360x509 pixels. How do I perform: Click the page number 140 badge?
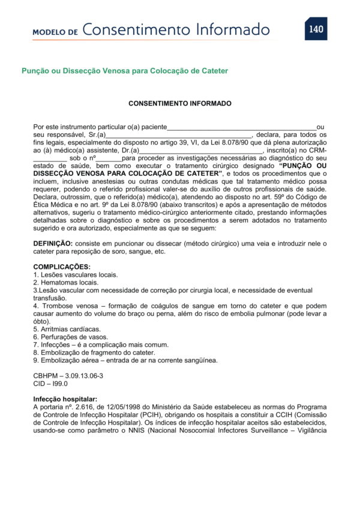pos(316,29)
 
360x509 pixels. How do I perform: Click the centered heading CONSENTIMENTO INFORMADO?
pos(179,103)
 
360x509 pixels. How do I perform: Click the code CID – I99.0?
pos(50,384)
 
